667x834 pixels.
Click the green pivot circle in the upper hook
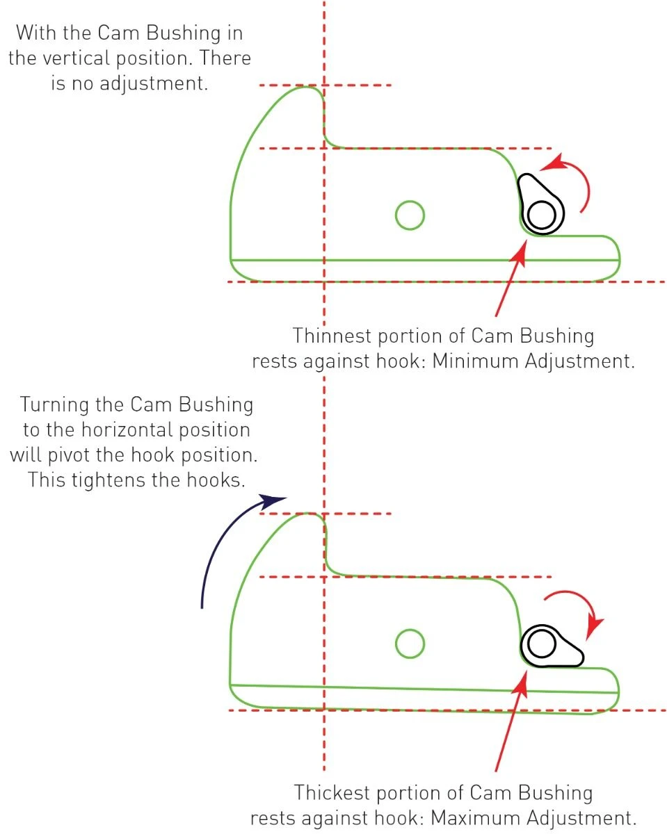coord(410,215)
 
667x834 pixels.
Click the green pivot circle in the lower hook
coord(410,644)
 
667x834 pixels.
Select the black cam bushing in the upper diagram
coord(540,206)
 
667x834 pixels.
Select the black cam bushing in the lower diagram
coord(551,646)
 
